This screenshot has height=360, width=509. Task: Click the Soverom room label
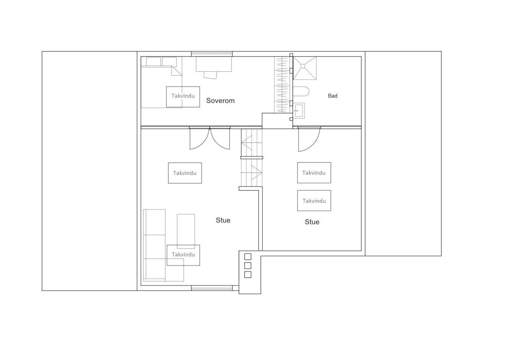(x=220, y=101)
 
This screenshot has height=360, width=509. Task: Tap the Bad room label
(x=333, y=96)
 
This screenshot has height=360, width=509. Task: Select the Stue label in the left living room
(x=223, y=220)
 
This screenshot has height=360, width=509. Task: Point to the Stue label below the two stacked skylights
(x=312, y=222)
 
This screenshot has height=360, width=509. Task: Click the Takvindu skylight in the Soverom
(x=183, y=96)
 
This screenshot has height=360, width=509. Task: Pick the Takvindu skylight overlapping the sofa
(x=183, y=255)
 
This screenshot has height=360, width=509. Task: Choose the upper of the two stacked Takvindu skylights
(x=314, y=173)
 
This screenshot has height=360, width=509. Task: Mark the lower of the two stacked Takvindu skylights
(x=314, y=201)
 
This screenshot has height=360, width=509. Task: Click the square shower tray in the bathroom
(x=305, y=67)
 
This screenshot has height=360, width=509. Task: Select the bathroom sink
(x=299, y=111)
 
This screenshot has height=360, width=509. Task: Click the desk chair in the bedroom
(x=210, y=75)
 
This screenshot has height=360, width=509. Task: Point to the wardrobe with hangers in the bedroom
(x=282, y=85)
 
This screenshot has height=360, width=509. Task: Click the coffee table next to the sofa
(x=186, y=231)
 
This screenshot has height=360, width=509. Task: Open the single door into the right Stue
(x=308, y=139)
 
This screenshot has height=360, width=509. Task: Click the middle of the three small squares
(x=248, y=265)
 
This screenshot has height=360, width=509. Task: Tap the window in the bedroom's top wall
(x=212, y=54)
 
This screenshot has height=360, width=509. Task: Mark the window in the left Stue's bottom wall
(x=212, y=288)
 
